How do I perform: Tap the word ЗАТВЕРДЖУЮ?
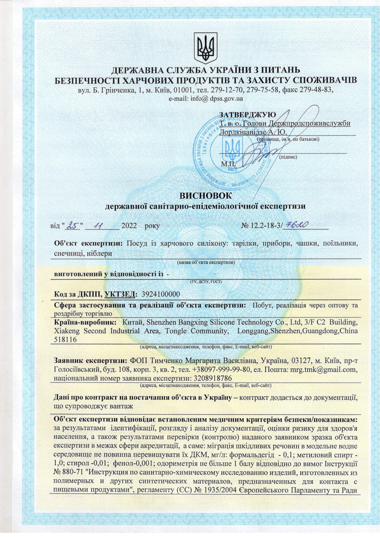coord(248,115)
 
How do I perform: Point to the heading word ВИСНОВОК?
coord(206,195)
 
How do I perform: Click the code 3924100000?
coord(161,294)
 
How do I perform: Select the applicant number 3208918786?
coord(211,378)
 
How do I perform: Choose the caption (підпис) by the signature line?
coord(288,157)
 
